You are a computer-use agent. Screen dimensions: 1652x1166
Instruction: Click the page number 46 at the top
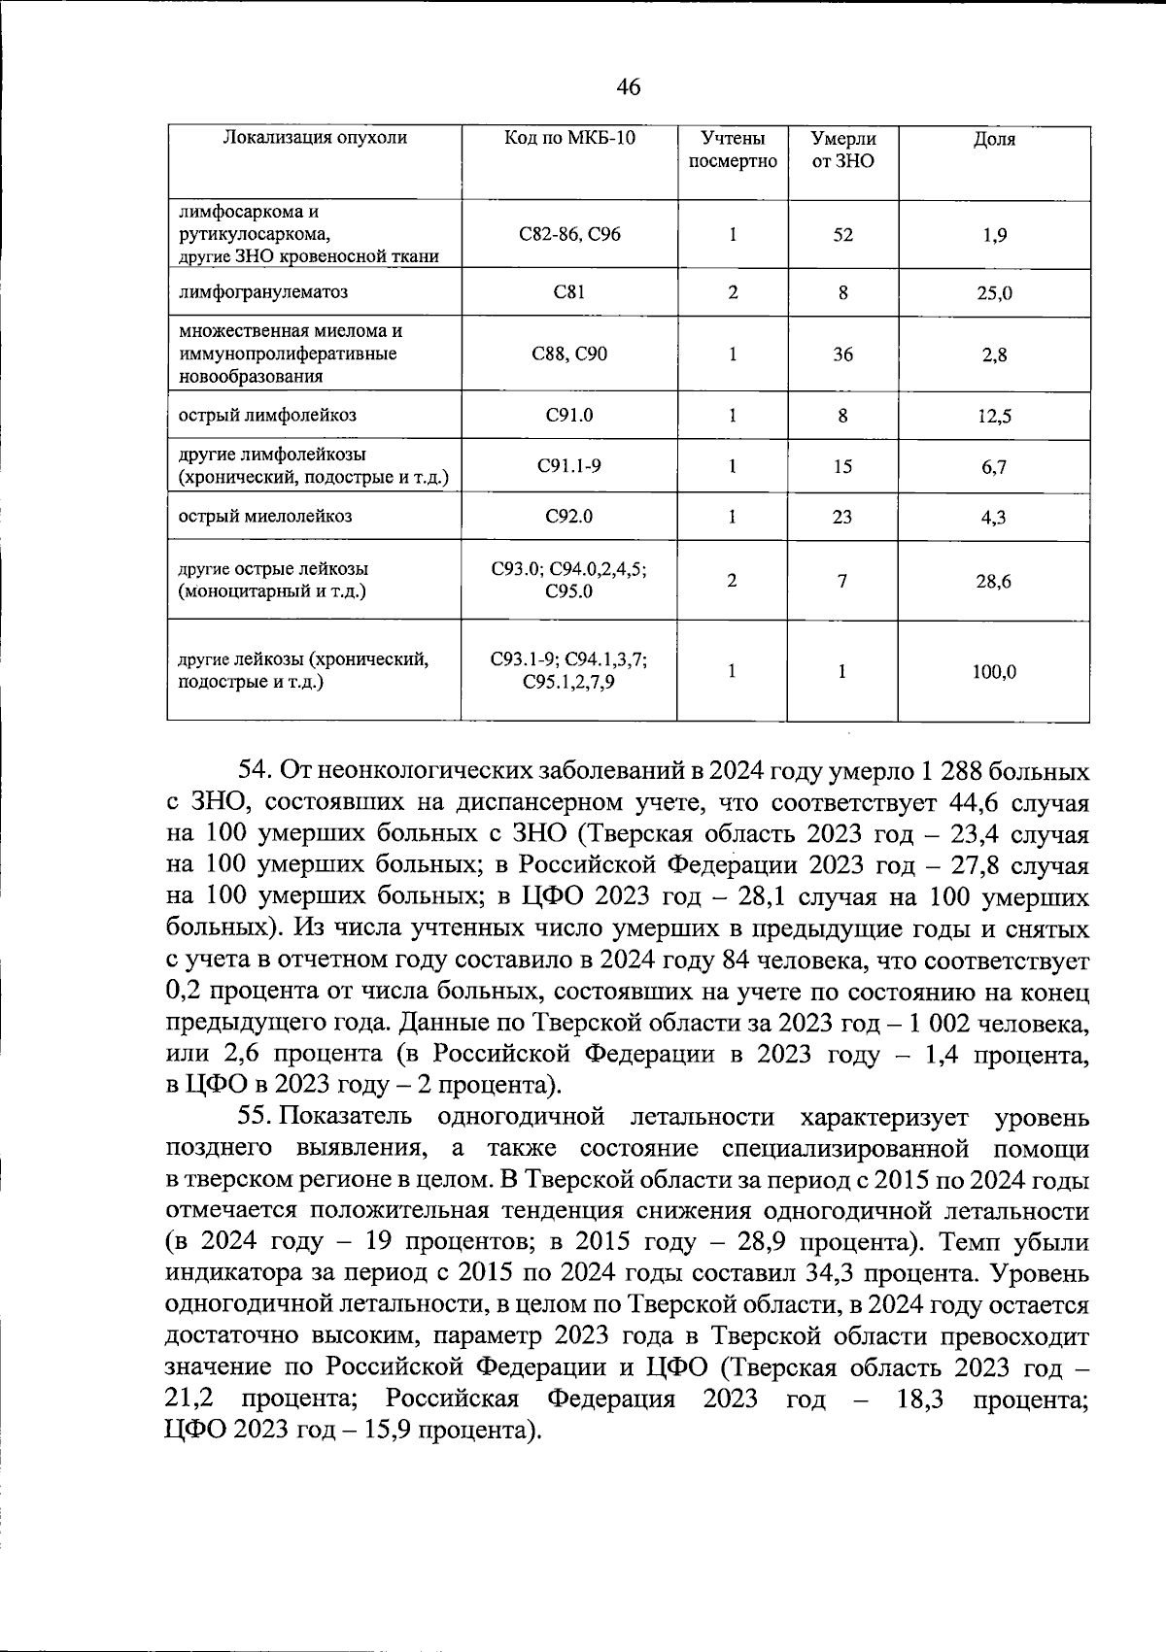tap(629, 87)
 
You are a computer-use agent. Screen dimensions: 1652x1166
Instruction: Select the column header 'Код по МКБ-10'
tap(569, 138)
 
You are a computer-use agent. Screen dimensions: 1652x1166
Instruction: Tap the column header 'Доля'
tap(994, 139)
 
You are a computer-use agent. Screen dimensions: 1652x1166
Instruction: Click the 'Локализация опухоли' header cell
tap(315, 138)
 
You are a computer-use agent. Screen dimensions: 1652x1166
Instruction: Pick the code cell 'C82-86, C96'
tap(569, 234)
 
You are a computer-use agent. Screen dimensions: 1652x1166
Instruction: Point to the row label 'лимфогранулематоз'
tap(262, 291)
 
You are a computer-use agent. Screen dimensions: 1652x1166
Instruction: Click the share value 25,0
tap(994, 292)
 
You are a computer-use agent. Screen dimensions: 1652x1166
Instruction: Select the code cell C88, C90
tap(569, 354)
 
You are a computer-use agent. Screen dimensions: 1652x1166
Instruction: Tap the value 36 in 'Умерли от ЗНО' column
tap(842, 354)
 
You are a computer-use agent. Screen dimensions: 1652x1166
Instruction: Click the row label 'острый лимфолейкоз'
tap(267, 416)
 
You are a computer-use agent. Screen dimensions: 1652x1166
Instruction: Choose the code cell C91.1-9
tap(569, 465)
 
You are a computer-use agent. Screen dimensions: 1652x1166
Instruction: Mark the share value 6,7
tap(994, 467)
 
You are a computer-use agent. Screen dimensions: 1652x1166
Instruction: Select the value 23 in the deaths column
tap(842, 517)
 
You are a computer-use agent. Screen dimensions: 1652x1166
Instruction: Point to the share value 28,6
tap(994, 582)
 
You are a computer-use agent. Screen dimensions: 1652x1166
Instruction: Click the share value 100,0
tap(994, 671)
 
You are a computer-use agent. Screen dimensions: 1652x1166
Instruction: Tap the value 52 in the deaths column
tap(842, 235)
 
